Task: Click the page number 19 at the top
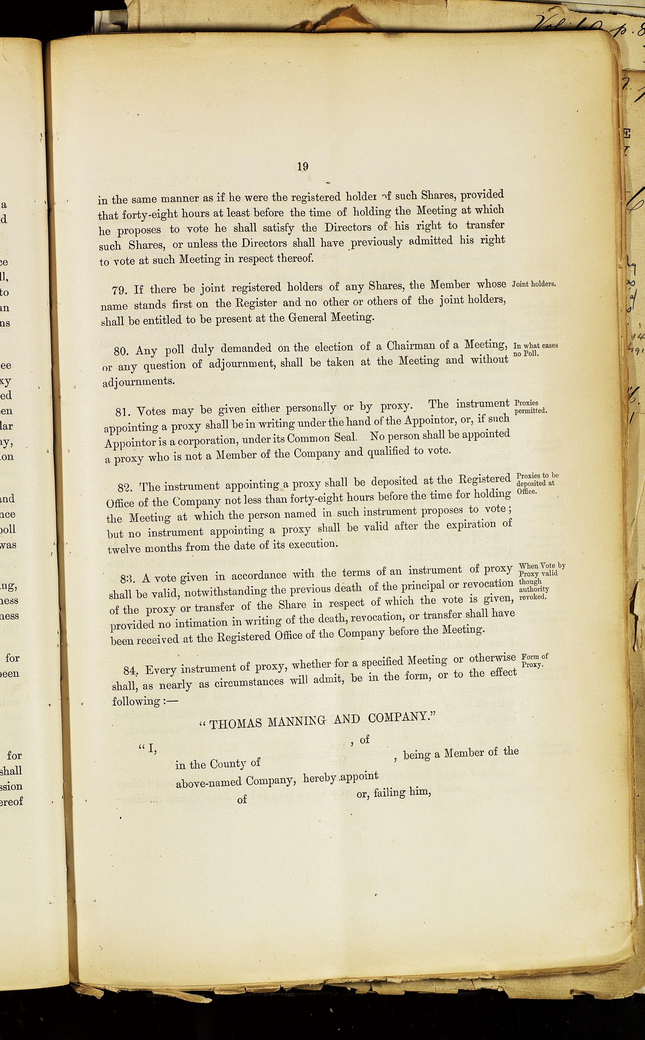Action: (x=303, y=167)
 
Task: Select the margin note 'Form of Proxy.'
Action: (x=534, y=660)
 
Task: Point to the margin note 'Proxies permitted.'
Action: (x=531, y=406)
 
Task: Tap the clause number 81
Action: (x=124, y=413)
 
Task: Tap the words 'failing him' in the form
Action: (x=402, y=793)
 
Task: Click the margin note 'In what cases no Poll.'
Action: (x=535, y=349)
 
